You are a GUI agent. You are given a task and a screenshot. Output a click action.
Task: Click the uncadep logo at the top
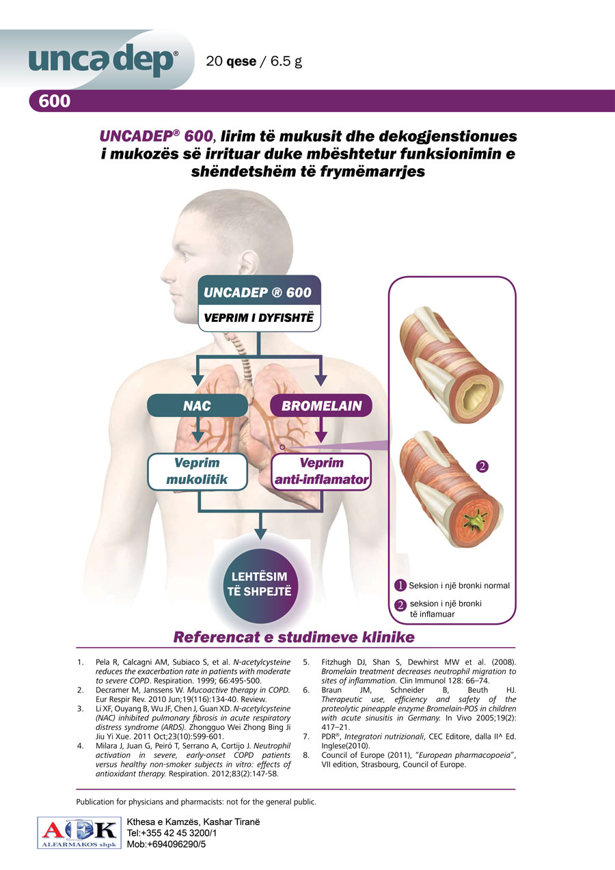coord(102,62)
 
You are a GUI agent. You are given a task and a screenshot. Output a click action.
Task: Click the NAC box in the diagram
coord(196,406)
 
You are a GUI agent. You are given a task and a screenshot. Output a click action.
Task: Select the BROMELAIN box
coord(322,406)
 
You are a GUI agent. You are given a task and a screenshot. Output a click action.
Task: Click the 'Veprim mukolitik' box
coord(197,472)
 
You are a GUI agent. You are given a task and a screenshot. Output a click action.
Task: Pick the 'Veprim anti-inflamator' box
coord(321,472)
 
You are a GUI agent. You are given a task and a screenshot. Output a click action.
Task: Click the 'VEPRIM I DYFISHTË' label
coord(259,318)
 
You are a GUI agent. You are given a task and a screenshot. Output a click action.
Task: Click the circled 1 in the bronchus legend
coord(400,585)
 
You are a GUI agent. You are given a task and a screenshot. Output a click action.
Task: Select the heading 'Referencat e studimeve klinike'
coord(295,638)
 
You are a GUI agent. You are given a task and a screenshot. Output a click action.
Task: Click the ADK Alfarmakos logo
coord(78,833)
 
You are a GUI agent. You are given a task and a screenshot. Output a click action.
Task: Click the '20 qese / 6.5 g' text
coord(254,62)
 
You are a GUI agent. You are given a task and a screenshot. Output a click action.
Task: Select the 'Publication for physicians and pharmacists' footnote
coord(196,802)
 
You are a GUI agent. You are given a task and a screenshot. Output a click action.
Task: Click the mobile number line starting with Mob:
coord(166,844)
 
